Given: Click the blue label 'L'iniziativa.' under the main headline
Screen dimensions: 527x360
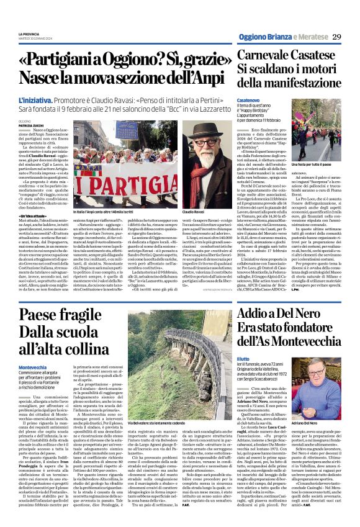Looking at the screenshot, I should point(35,99).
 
